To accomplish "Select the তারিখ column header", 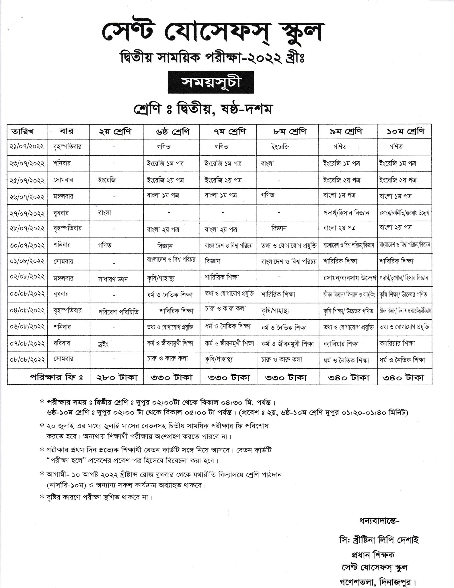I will (x=27, y=132).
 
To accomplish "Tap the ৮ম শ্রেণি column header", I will (x=288, y=131).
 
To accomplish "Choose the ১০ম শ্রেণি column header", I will (x=405, y=131).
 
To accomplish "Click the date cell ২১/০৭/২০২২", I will (x=27, y=146).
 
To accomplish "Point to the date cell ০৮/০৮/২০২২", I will (x=27, y=359).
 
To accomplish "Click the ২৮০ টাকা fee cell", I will (x=116, y=377).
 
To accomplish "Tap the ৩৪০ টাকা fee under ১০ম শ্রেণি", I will (x=405, y=377).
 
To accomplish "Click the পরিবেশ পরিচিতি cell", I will (x=118, y=312).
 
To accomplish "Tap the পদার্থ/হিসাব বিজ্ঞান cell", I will (x=346, y=213).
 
